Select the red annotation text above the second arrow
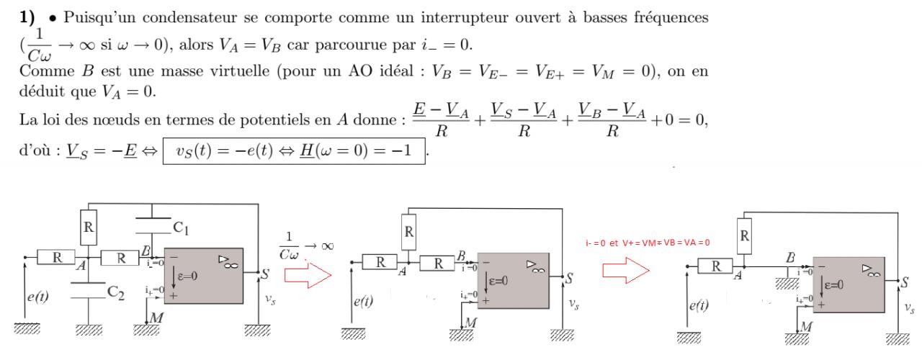(648, 243)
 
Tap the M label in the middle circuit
(473, 322)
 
